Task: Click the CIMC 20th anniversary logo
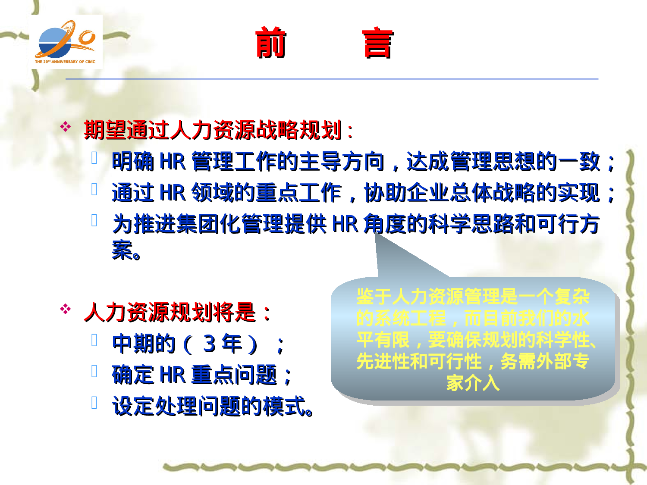pos(66,42)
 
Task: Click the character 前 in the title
pos(270,43)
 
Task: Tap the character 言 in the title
pos(377,43)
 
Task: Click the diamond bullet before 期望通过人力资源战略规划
pos(66,127)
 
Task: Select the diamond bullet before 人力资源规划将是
pos(66,309)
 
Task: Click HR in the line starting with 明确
pos(172,161)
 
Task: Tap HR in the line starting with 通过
pos(172,192)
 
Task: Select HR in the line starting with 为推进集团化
pos(345,224)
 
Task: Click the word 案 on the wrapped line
pos(122,250)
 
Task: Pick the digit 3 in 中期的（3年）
pos(210,344)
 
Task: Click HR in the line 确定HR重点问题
pos(172,375)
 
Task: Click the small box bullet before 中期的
pos(94,340)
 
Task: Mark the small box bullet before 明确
pos(94,158)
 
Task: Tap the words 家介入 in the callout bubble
pos(473,382)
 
